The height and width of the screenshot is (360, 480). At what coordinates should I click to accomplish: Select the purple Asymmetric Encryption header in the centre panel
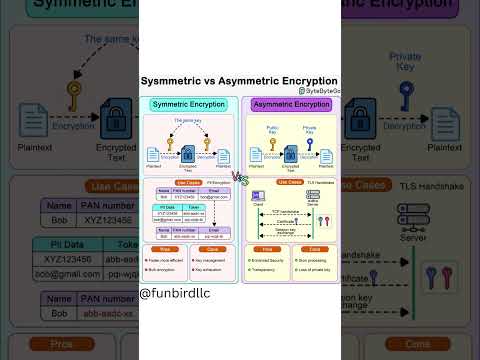291,104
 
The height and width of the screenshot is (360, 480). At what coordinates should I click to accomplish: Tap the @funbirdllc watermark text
181,294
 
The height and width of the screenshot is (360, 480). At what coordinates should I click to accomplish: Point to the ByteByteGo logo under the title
319,91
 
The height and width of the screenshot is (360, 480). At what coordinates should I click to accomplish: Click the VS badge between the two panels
240,177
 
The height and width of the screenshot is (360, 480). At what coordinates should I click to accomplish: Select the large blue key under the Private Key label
406,95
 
